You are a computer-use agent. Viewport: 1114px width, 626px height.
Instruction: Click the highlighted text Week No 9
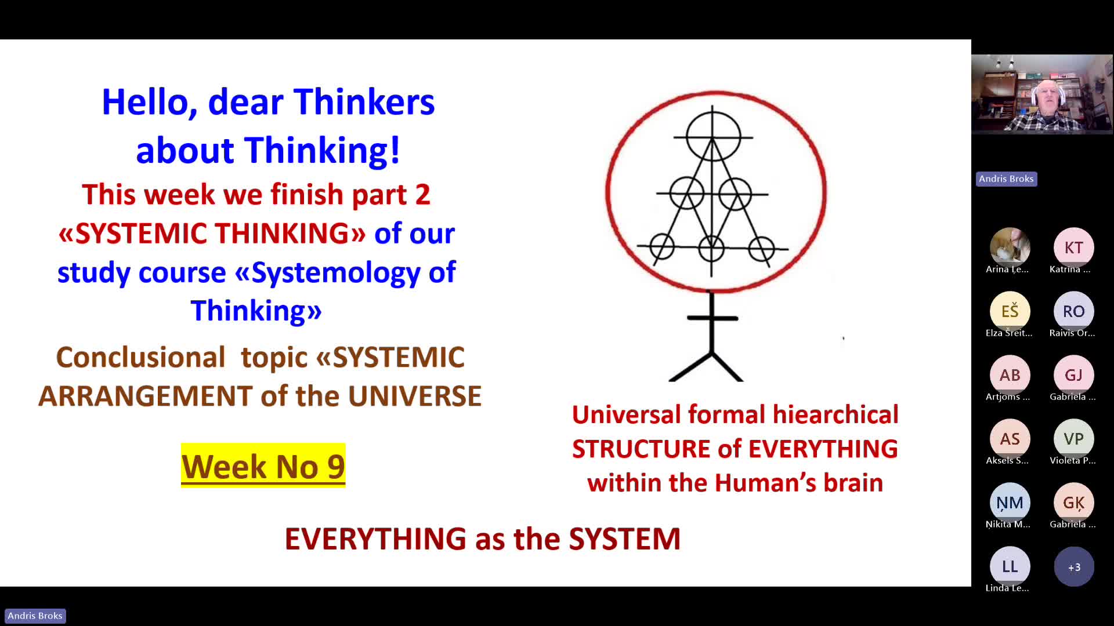[263, 466]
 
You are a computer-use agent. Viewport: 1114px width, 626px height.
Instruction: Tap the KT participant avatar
[1073, 248]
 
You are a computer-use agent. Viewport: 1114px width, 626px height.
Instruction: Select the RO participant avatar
[1073, 311]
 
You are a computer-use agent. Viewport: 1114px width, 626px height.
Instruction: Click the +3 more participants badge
[1074, 567]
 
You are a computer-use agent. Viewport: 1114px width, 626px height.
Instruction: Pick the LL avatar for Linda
[1010, 566]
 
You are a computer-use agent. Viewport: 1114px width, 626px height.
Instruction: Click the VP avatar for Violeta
[1073, 439]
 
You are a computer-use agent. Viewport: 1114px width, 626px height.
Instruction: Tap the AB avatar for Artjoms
[1010, 375]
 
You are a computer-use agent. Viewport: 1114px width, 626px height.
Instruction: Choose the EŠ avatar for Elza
[1010, 311]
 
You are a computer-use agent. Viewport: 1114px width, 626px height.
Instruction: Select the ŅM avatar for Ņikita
[1010, 503]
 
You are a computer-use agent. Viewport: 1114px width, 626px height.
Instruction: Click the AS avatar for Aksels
[1010, 439]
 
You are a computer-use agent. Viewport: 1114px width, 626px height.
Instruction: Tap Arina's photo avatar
[1010, 248]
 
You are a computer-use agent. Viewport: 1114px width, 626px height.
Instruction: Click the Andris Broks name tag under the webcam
[1006, 179]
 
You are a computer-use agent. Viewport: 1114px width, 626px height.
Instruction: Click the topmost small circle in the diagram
[713, 137]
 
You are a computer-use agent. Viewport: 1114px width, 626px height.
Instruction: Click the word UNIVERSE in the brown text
[415, 396]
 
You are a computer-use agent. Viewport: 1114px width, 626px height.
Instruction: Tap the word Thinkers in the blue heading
[364, 102]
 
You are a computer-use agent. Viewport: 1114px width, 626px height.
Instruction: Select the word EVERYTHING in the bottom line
[375, 538]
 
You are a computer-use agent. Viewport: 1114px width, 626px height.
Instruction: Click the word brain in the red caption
[853, 483]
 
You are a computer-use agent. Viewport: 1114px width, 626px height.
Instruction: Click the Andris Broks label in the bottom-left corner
[35, 616]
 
